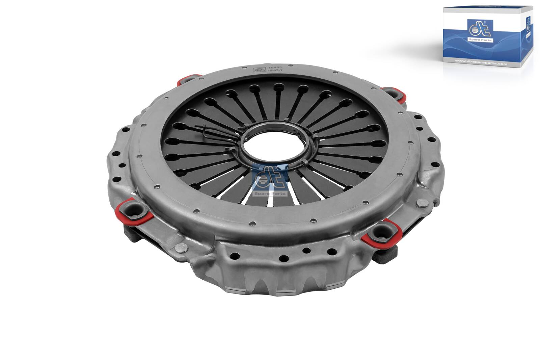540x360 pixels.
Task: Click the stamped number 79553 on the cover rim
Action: pyautogui.click(x=272, y=68)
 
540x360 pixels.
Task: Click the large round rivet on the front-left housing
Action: pyautogui.click(x=182, y=249)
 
